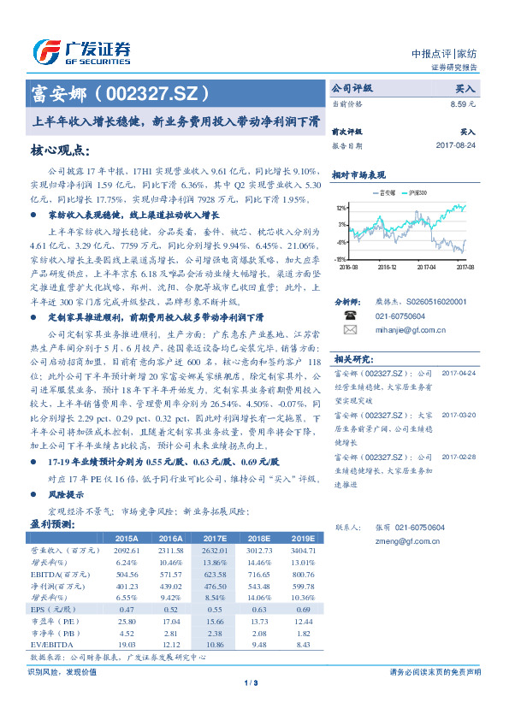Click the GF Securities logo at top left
pyautogui.click(x=81, y=51)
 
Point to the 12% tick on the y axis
pyautogui.click(x=340, y=208)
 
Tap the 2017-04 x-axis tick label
pyautogui.click(x=428, y=267)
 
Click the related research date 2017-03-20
pyautogui.click(x=459, y=415)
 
